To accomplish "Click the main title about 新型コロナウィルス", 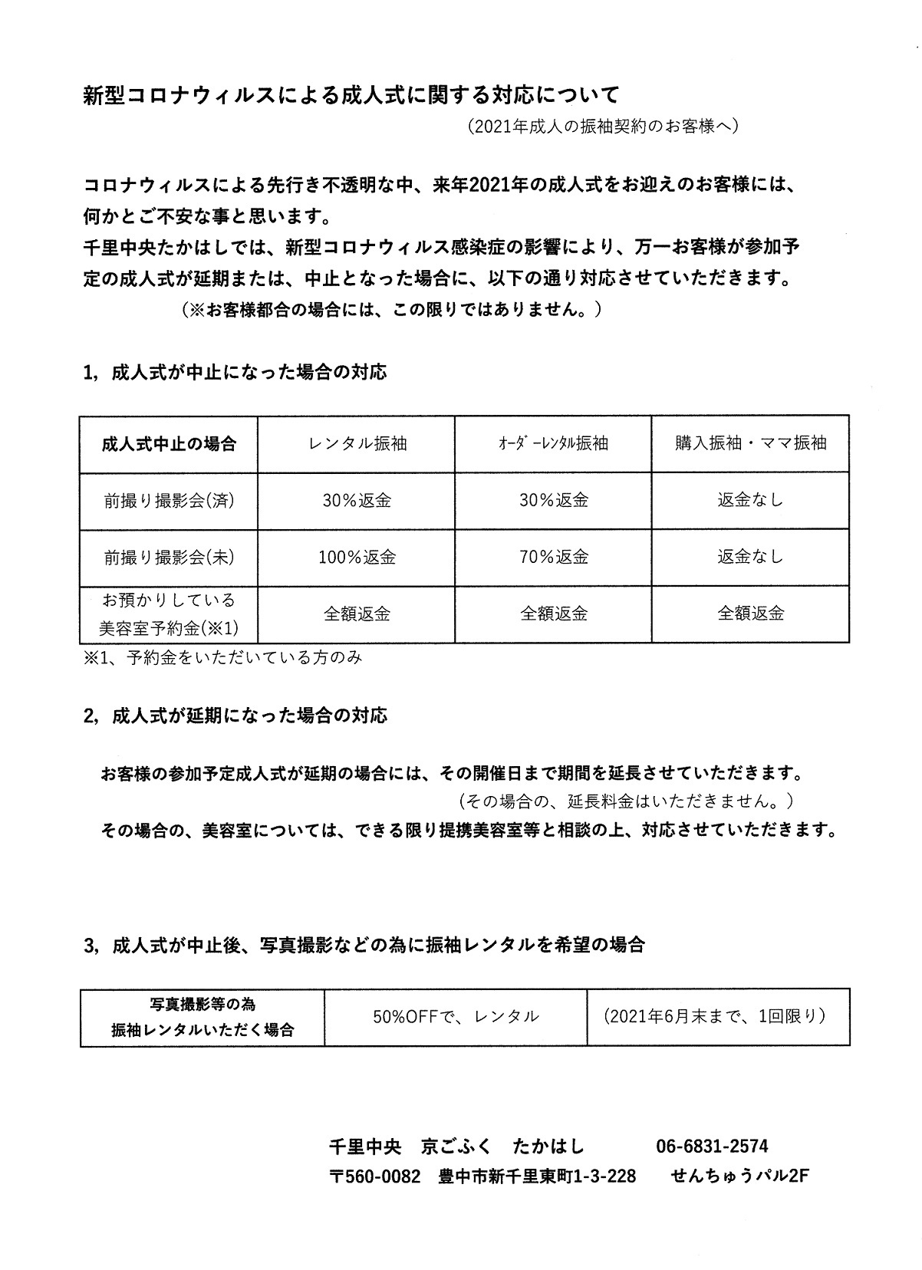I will [351, 96].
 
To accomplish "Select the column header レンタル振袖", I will [357, 443].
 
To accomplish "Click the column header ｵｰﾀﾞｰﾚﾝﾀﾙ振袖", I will [553, 443].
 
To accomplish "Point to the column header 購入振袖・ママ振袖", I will [750, 443].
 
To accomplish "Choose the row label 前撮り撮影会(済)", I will [169, 501].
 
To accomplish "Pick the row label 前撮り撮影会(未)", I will [169, 558].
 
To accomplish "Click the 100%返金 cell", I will [357, 558].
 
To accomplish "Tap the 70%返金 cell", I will [553, 558].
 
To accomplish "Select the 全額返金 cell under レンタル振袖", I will [357, 614].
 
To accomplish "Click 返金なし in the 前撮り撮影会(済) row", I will [750, 501].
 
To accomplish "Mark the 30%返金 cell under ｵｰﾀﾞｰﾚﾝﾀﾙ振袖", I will [553, 501].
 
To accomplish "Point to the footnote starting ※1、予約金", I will [222, 657].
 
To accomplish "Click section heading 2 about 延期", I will [235, 716].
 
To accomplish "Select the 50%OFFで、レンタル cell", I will [456, 1017].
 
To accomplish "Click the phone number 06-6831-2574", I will [712, 1147].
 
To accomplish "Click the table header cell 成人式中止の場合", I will [169, 443].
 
